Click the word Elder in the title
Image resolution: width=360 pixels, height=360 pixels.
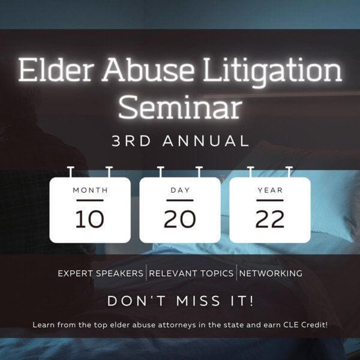pos(56,70)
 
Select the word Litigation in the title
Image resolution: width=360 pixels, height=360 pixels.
pos(272,71)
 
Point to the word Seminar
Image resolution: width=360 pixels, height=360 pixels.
pos(180,107)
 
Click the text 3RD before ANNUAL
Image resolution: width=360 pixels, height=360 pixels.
pos(131,141)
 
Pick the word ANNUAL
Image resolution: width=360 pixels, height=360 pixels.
pos(206,141)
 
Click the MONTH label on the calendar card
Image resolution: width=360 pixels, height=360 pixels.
pos(90,190)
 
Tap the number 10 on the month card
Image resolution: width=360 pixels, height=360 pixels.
pos(90,219)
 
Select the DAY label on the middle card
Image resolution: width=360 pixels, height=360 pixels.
pos(180,190)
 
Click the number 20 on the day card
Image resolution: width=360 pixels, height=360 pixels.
pos(180,219)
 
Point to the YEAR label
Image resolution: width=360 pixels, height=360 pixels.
pos(270,190)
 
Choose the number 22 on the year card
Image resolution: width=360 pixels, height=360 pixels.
pos(270,219)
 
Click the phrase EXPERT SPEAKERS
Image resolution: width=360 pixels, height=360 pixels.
pos(100,274)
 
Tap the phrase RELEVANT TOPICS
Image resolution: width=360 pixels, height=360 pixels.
pos(191,274)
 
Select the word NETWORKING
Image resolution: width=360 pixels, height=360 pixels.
pos(271,274)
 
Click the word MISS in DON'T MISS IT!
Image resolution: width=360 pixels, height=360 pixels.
pos(199,301)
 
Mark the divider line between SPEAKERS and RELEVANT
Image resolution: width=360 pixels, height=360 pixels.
pos(146,273)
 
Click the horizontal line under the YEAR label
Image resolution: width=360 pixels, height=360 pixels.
pos(270,200)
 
